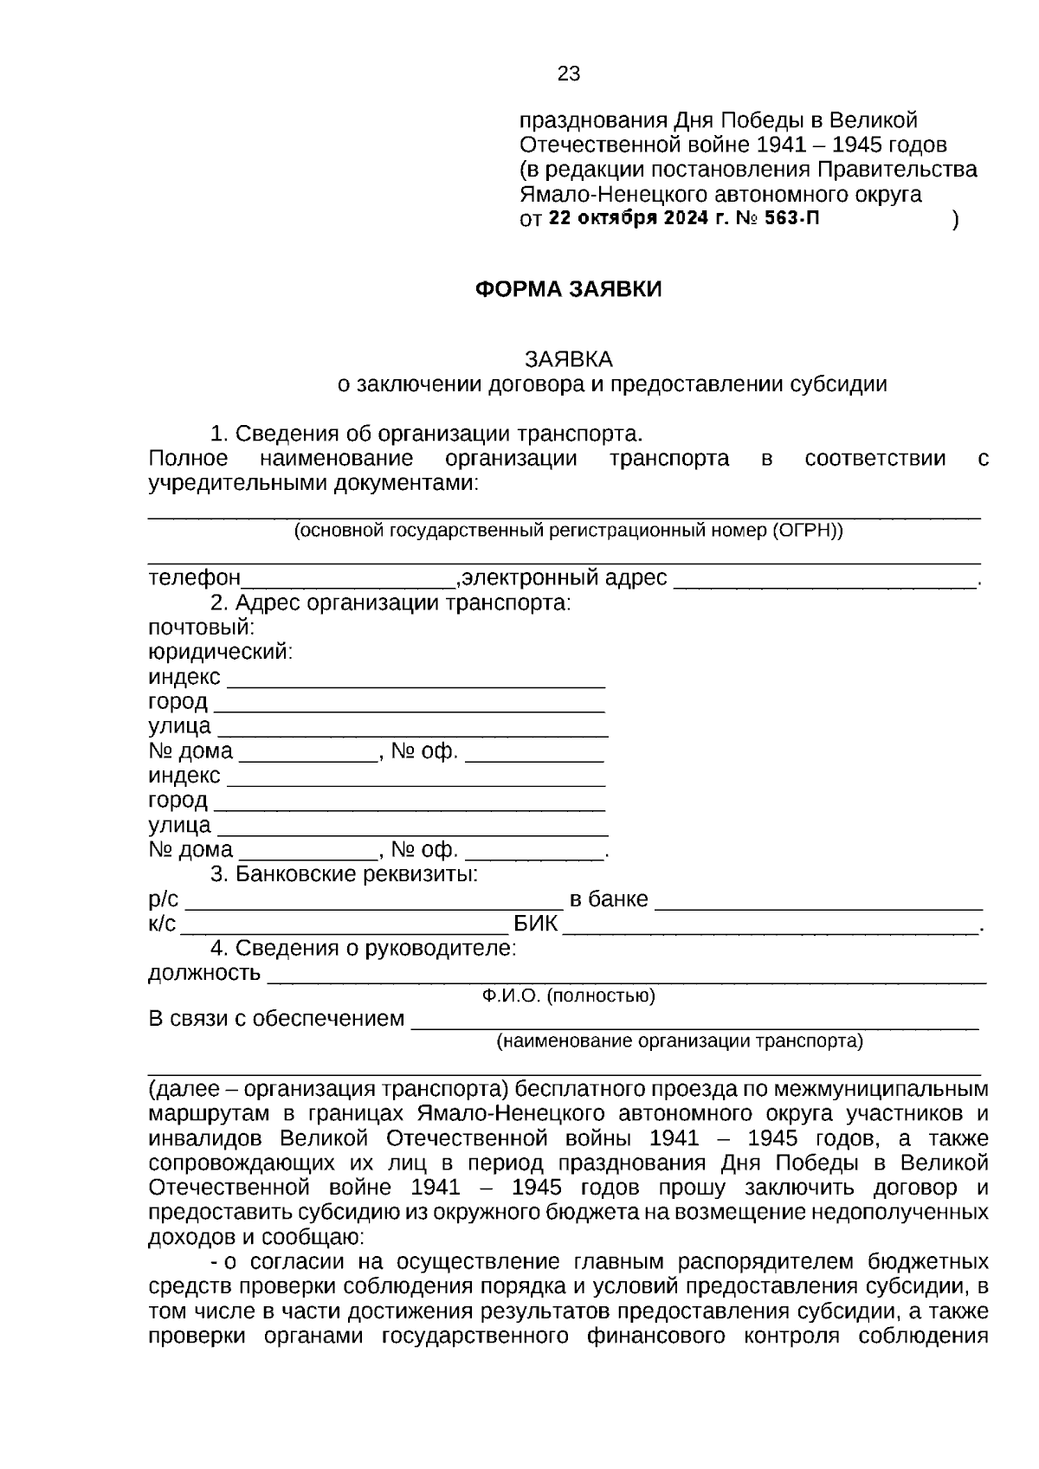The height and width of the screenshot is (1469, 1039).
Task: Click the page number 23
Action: (568, 74)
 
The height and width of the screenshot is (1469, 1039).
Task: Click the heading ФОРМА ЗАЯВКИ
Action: (568, 289)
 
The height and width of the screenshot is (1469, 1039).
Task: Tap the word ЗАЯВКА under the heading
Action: (568, 358)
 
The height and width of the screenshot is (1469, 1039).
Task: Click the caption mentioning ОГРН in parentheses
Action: (568, 531)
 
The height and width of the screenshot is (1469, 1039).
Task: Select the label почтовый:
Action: (201, 627)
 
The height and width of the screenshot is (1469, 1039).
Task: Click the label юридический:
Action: (220, 652)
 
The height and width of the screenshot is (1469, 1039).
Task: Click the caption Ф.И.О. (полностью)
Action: (568, 996)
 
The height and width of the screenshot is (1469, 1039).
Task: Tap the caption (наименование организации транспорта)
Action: (679, 1041)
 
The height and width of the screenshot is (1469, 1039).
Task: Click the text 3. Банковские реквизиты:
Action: (344, 874)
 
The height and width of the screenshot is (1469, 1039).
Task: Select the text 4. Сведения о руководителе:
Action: (363, 949)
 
